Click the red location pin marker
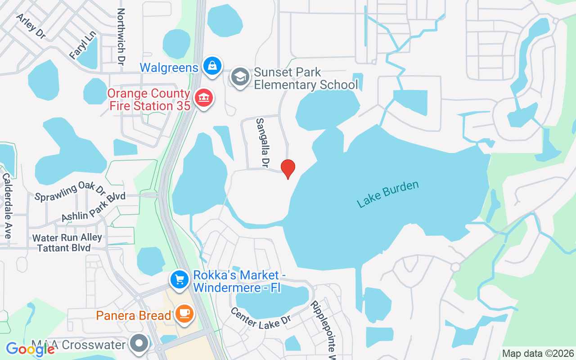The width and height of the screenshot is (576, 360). tap(288, 169)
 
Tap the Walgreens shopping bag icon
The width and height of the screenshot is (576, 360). tap(211, 66)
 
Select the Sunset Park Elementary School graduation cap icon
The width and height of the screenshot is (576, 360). tap(240, 77)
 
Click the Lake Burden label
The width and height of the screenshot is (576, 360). tap(387, 194)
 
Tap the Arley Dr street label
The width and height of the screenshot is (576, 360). tap(31, 26)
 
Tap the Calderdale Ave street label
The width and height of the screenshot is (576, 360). tap(7, 205)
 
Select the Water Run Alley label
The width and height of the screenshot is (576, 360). tap(67, 237)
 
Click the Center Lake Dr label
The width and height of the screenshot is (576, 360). tap(261, 318)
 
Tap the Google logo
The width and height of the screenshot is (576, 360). tap(30, 349)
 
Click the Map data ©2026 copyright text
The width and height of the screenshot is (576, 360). tap(538, 353)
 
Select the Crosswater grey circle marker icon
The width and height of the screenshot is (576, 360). tap(139, 344)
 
